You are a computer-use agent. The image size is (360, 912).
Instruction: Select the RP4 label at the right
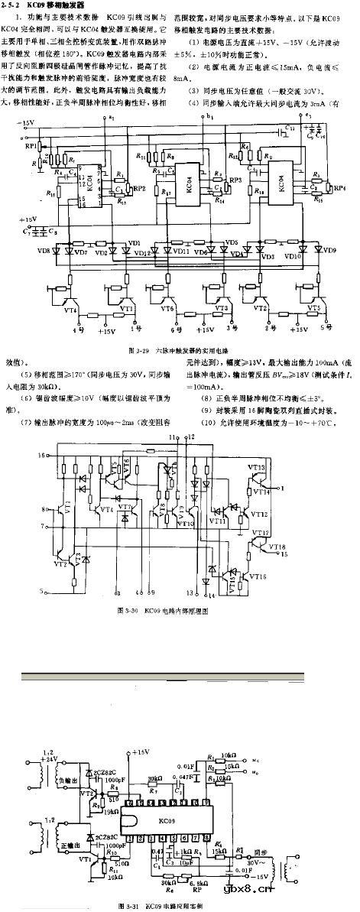(339, 187)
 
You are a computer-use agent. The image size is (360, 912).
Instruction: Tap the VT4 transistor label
(70, 310)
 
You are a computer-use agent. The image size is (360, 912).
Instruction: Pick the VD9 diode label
(329, 250)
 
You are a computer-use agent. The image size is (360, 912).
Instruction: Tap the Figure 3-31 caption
(167, 907)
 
